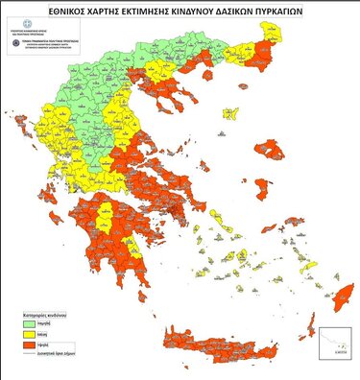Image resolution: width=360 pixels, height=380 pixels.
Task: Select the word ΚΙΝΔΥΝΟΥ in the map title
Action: (223, 12)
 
